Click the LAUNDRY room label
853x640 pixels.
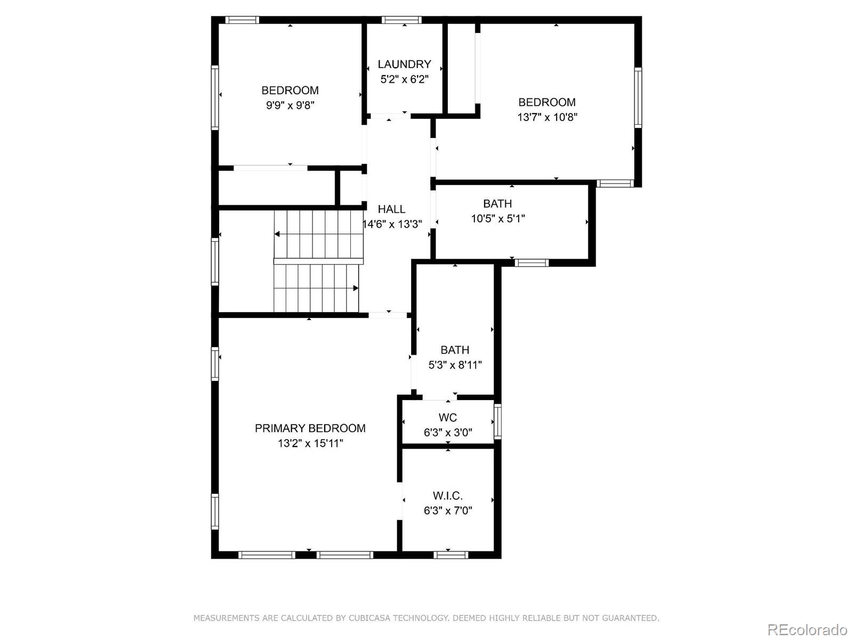[x=404, y=65]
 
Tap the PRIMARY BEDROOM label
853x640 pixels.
[x=310, y=428]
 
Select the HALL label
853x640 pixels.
[x=391, y=210]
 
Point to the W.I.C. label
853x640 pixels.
[x=448, y=496]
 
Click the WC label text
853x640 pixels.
[x=448, y=418]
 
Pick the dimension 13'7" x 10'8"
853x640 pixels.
[x=547, y=117]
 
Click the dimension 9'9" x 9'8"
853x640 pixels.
[x=290, y=105]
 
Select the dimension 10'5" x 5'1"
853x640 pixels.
[x=498, y=219]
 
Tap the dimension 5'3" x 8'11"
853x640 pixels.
[x=455, y=365]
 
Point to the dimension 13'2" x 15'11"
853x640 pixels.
[x=310, y=443]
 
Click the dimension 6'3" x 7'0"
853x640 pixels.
[x=448, y=511]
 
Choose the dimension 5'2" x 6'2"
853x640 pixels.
[x=404, y=79]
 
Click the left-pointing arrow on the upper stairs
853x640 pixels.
[x=278, y=234]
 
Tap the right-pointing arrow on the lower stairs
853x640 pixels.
[x=355, y=288]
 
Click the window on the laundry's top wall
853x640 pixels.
[x=401, y=20]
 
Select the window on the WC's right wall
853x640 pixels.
[x=497, y=421]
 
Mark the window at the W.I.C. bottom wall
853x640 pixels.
[x=451, y=555]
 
